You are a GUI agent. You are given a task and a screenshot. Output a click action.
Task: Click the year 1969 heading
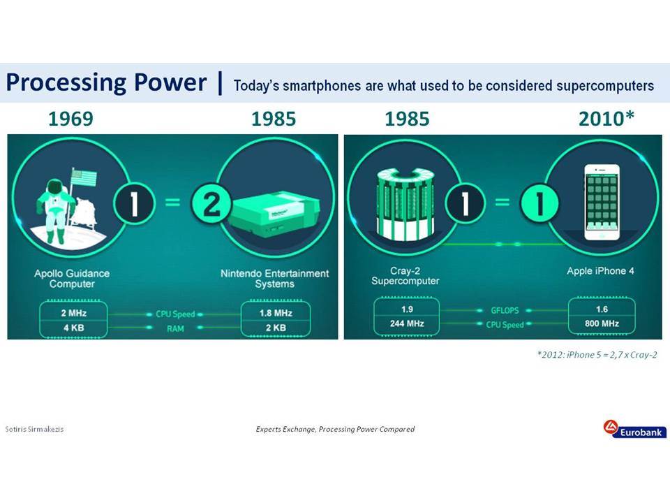(x=70, y=119)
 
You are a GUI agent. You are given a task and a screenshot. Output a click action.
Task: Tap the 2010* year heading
(x=606, y=119)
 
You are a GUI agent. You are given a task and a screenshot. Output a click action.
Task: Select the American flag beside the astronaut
(x=84, y=177)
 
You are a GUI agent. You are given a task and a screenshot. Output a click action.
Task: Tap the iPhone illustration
(x=602, y=203)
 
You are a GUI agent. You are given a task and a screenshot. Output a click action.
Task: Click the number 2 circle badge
(x=211, y=203)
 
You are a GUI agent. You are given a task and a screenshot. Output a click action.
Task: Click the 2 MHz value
(x=73, y=313)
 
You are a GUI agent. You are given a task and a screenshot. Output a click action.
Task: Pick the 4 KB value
(x=73, y=328)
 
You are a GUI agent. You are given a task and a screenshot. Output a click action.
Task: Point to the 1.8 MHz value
(x=276, y=313)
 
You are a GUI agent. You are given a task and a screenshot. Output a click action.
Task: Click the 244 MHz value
(x=407, y=323)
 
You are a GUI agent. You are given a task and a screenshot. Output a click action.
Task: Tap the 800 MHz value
(x=602, y=323)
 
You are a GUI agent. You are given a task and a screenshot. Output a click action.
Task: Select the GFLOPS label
(x=505, y=310)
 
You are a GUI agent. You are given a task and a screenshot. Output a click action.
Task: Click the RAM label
(x=175, y=329)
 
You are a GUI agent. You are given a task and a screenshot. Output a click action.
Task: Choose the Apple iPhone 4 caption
(x=600, y=271)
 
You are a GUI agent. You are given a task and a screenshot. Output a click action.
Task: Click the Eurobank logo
(x=635, y=429)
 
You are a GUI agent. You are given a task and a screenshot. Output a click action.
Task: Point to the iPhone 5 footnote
(x=597, y=355)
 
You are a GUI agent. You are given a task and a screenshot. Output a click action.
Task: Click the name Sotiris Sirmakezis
(x=34, y=429)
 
